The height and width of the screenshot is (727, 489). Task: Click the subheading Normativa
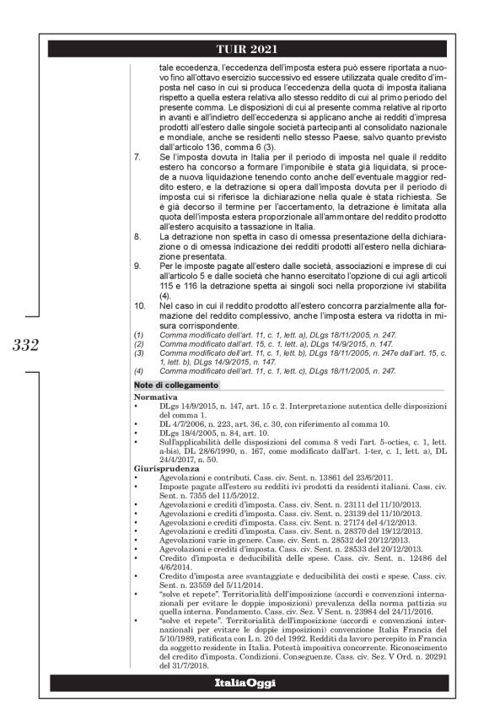tap(153, 395)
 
